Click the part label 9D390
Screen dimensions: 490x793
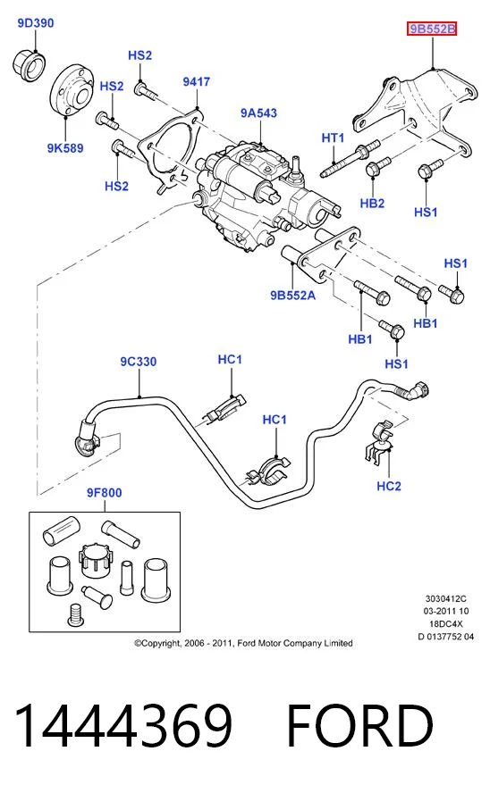[x=36, y=22]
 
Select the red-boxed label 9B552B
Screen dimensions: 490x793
[x=432, y=29]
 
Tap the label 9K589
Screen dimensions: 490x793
[x=64, y=148]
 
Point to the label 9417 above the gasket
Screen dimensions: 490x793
[x=197, y=81]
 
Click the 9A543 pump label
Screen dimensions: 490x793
[x=258, y=113]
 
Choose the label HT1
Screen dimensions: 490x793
[x=334, y=138]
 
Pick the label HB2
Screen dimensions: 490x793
[x=372, y=204]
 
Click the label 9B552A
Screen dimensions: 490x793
[x=292, y=296]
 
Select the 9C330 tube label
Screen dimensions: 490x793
[x=139, y=362]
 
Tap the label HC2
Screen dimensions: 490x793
[x=389, y=486]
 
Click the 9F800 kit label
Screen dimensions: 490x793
[x=105, y=493]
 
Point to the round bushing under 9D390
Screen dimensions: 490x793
[x=29, y=63]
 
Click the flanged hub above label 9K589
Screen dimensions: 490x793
[x=72, y=91]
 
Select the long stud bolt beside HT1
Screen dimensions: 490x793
[x=350, y=159]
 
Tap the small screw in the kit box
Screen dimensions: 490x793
[x=75, y=615]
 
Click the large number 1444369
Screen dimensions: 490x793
[x=123, y=725]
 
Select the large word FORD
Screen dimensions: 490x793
[x=360, y=725]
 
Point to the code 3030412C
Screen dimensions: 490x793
[x=445, y=598]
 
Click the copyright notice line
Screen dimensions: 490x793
[x=243, y=643]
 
